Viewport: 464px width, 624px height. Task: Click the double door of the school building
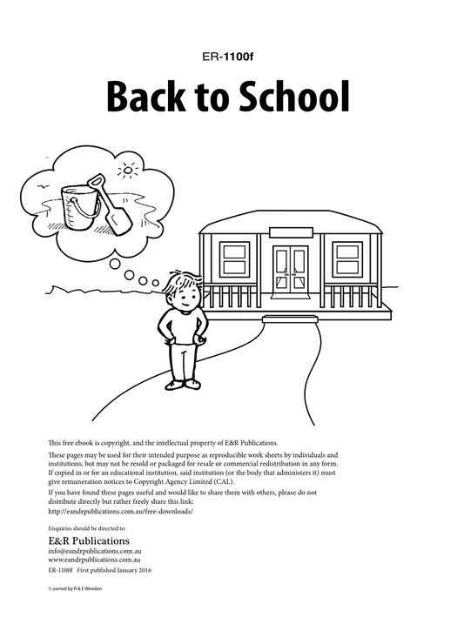click(290, 265)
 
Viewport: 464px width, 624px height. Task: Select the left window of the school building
click(234, 259)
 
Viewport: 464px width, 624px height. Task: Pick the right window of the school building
click(347, 259)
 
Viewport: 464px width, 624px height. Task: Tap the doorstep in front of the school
click(290, 319)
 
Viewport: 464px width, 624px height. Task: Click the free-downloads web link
click(120, 512)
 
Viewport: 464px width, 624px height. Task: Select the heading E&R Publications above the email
click(90, 540)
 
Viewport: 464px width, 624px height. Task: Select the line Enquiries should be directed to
click(88, 527)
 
